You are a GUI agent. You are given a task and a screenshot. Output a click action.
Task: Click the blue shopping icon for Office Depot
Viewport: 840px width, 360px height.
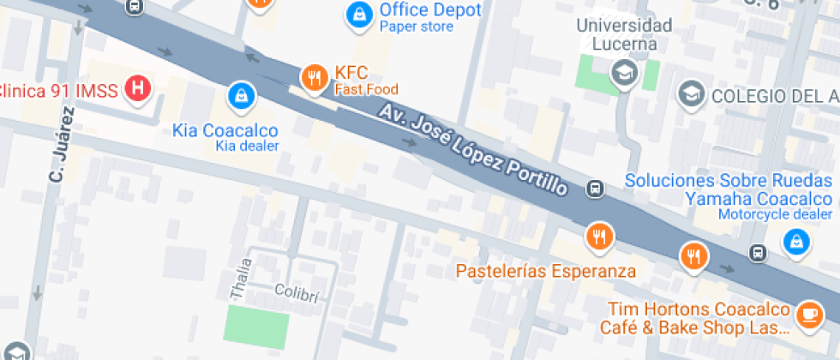click(358, 13)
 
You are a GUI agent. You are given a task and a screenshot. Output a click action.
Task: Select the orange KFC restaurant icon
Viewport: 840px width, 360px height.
click(315, 79)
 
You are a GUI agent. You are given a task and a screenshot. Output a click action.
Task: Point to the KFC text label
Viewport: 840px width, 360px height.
click(351, 73)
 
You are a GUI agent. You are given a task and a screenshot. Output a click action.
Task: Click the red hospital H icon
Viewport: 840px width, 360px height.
click(136, 87)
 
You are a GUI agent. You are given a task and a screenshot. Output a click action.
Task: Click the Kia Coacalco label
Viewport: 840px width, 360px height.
click(225, 130)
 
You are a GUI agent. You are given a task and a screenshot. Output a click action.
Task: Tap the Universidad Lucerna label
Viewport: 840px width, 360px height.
click(623, 34)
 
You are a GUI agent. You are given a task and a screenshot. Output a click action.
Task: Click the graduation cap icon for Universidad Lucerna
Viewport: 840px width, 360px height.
click(623, 74)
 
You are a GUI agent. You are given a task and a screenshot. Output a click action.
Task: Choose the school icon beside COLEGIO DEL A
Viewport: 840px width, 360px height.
click(689, 94)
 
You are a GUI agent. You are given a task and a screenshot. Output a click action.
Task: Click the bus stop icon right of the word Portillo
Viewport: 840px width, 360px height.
click(593, 188)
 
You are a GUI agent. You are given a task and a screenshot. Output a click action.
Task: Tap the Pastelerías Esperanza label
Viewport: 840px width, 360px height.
click(546, 272)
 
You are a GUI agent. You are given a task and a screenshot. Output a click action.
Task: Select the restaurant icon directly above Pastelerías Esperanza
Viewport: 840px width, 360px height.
click(599, 236)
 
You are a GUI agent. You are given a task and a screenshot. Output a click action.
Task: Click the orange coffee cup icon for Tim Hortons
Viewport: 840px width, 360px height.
click(808, 315)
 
